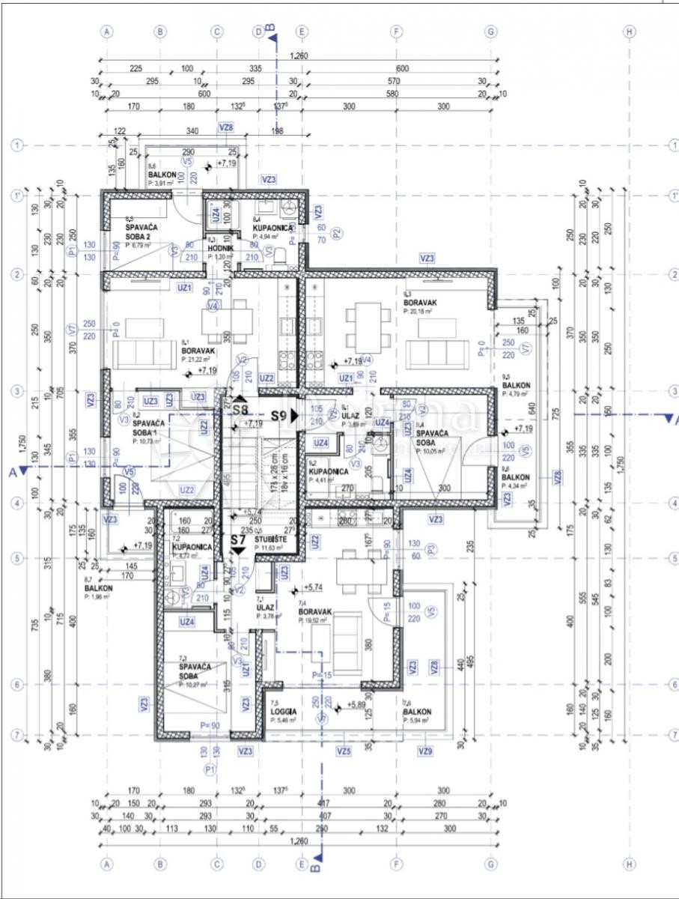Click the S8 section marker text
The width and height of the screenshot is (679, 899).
coord(240,410)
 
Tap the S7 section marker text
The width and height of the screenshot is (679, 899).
coord(238,539)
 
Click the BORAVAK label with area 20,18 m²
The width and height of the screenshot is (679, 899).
coord(420,303)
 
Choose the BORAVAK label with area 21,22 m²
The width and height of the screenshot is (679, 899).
coord(198,351)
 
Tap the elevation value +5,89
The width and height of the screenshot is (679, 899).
coord(358,705)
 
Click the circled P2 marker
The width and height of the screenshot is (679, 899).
coord(337,232)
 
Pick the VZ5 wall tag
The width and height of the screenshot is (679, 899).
coord(344,751)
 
